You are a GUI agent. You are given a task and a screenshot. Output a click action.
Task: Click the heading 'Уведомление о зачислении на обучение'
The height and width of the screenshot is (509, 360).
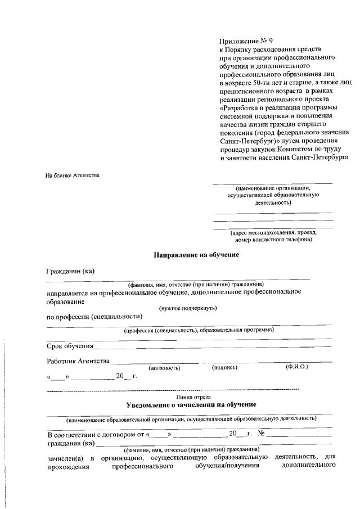[x=191, y=404]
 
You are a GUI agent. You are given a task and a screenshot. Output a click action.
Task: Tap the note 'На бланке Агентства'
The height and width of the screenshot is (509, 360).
[x=73, y=175]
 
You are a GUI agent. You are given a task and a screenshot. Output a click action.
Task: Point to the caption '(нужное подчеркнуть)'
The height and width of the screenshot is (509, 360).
[x=188, y=308]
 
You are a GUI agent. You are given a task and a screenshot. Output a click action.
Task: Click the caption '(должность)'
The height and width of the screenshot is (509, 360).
[x=164, y=367]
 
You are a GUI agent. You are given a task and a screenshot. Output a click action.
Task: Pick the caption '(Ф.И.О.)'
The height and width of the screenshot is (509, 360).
[x=296, y=367]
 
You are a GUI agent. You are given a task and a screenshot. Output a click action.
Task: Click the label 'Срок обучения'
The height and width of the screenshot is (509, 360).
[x=70, y=345]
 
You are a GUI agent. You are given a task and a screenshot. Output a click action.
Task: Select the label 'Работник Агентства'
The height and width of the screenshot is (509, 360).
[x=78, y=360]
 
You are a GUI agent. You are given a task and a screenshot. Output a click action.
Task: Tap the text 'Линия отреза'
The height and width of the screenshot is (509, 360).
[x=193, y=397]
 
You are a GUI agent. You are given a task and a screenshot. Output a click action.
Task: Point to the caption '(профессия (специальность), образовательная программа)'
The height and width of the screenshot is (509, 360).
[x=199, y=330]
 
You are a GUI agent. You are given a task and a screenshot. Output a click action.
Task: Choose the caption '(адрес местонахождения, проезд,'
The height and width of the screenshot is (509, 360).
[x=273, y=232]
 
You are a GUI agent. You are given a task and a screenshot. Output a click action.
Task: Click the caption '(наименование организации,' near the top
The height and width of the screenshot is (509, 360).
[x=273, y=188]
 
